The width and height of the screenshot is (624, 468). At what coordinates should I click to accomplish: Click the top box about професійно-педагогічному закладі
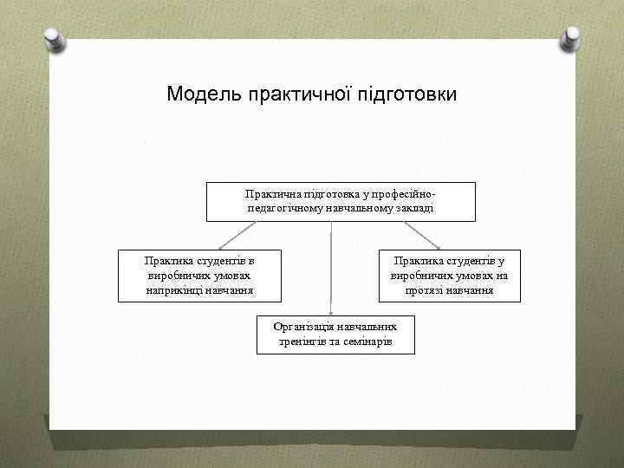(x=328, y=201)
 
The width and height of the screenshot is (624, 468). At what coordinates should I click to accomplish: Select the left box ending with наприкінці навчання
(x=200, y=276)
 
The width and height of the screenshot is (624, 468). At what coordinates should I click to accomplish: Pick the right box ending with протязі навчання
(x=449, y=276)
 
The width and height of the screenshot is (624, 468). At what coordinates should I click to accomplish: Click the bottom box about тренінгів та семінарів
(x=335, y=335)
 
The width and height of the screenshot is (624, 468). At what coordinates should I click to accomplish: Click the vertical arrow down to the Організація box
(x=330, y=269)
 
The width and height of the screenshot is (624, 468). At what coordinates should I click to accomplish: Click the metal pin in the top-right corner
(x=571, y=37)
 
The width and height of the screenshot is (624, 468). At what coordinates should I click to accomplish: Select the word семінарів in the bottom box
(x=367, y=342)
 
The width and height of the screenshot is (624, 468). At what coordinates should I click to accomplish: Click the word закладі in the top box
(x=413, y=209)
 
